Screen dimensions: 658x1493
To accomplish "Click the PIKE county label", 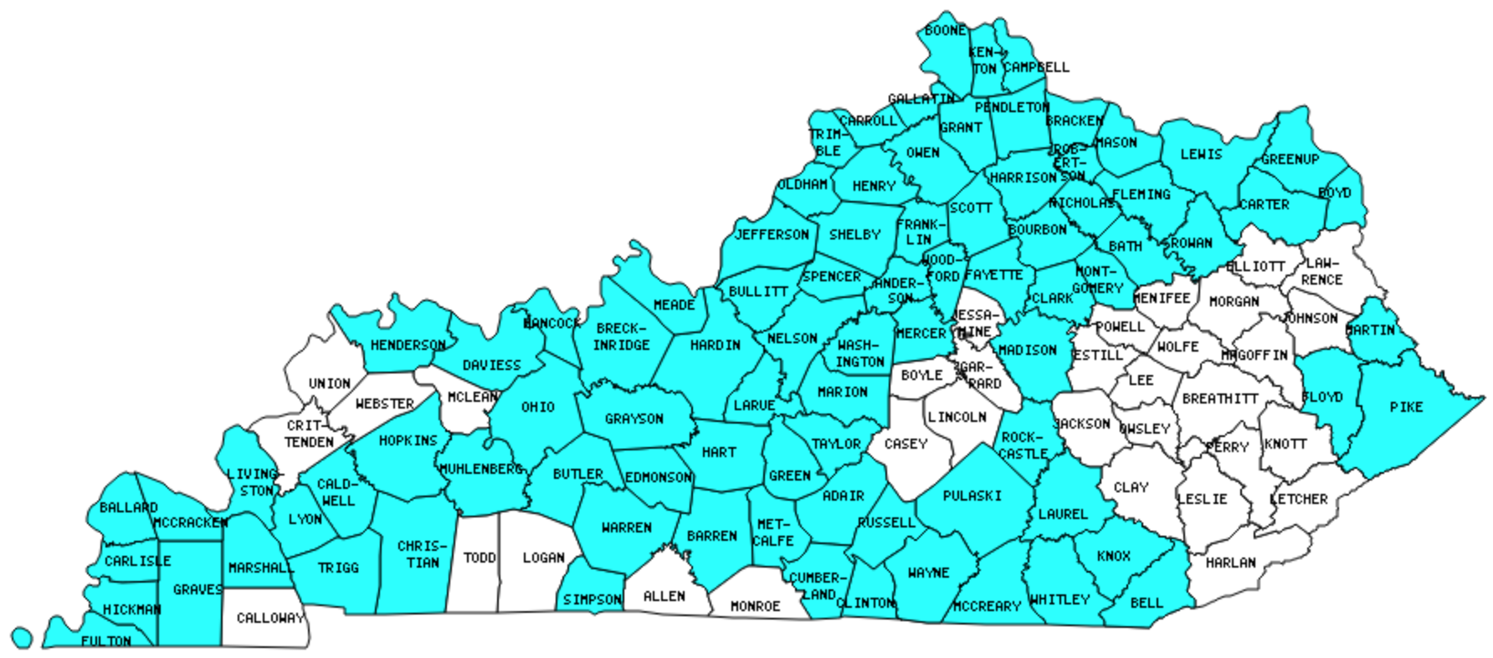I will pyautogui.click(x=1406, y=407).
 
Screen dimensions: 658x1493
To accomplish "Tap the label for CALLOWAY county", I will pyautogui.click(x=269, y=618).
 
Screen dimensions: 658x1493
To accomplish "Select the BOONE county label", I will pyautogui.click(x=946, y=31).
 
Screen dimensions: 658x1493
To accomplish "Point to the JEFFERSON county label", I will pyautogui.click(x=772, y=234).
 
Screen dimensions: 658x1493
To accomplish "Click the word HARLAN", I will pyautogui.click(x=1230, y=563).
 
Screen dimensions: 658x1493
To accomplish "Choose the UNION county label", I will pyautogui.click(x=329, y=383).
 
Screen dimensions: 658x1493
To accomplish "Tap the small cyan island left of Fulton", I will pyautogui.click(x=23, y=638).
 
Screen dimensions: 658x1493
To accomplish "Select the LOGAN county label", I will pyautogui.click(x=543, y=558).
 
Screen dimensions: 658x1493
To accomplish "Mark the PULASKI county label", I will pyautogui.click(x=972, y=496).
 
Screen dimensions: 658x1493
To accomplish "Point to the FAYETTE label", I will pyautogui.click(x=993, y=275).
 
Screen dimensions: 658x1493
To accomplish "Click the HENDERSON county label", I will pyautogui.click(x=408, y=345).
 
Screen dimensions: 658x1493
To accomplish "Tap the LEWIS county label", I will pyautogui.click(x=1201, y=154).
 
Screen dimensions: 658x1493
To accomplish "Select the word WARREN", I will pyautogui.click(x=626, y=527).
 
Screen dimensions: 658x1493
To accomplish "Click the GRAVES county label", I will pyautogui.click(x=198, y=589).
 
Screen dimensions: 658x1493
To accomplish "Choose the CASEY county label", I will pyautogui.click(x=906, y=444).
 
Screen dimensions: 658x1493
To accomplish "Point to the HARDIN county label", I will pyautogui.click(x=716, y=345).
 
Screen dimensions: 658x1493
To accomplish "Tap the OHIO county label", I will pyautogui.click(x=537, y=407).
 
